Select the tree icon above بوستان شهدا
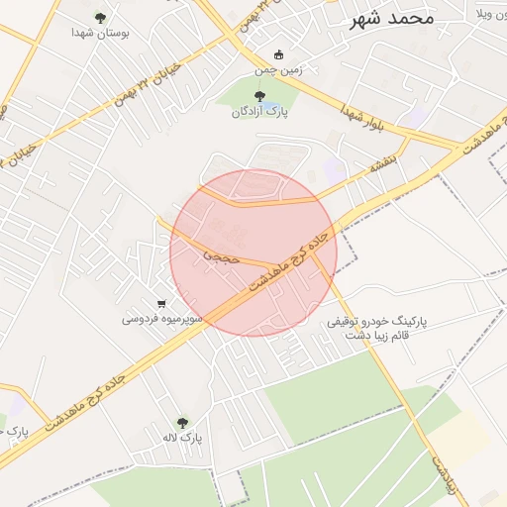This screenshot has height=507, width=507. coord(100,17)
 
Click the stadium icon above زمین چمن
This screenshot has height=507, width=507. coord(276,54)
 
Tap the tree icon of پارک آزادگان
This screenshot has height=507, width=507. coord(259,96)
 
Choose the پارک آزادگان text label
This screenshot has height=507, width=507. coord(259,112)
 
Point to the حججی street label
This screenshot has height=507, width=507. coord(222,255)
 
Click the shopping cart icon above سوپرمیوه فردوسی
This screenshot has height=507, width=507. coord(161,303)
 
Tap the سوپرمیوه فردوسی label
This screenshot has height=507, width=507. coord(162,319)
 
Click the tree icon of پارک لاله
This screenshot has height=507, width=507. coord(181,422)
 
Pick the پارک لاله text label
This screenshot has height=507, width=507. coord(183,437)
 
